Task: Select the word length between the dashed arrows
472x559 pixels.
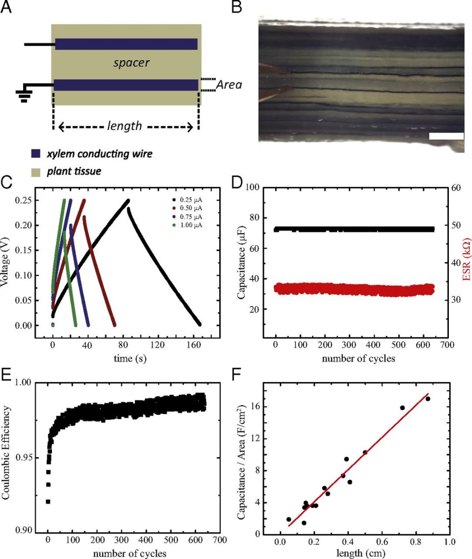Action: pyautogui.click(x=125, y=126)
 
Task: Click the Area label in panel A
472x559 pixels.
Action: pyautogui.click(x=228, y=85)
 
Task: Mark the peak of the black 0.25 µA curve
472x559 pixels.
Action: pyautogui.click(x=128, y=200)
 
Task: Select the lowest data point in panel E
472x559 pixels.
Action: pyautogui.click(x=48, y=502)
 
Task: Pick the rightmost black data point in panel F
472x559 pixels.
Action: pyautogui.click(x=428, y=399)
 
